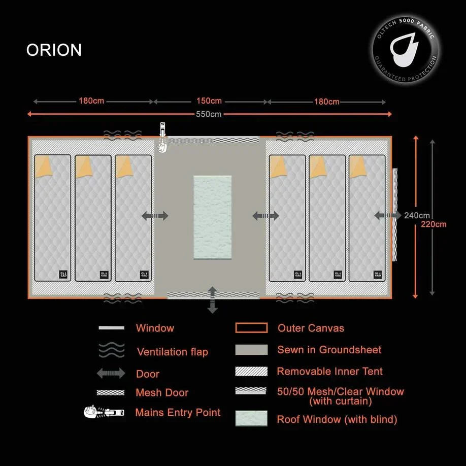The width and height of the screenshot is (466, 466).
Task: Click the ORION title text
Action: pos(54,50)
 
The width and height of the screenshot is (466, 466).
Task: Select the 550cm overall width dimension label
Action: pos(209,114)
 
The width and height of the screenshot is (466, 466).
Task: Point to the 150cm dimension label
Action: pos(209,101)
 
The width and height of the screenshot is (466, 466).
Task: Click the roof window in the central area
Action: pos(212,217)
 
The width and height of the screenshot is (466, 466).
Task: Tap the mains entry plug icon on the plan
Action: pos(162,137)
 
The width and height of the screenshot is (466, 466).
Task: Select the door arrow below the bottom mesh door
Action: pos(212,300)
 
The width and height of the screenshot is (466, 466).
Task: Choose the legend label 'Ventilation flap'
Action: pos(172,352)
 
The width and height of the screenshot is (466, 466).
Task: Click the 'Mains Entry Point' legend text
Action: pos(178,413)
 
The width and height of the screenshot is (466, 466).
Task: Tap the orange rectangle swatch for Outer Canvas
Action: pos(251,328)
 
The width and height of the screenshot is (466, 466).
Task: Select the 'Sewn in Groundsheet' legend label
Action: pos(329,350)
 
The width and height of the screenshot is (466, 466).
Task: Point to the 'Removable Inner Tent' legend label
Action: pos(329,372)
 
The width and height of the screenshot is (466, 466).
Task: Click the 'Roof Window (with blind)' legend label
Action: pos(337,420)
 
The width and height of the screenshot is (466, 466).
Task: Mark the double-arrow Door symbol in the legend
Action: pos(111,374)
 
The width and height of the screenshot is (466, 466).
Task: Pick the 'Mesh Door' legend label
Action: pos(162,393)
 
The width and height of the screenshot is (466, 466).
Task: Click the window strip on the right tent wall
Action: pos(394,214)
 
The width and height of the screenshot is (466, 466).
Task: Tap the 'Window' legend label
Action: pos(155,328)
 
